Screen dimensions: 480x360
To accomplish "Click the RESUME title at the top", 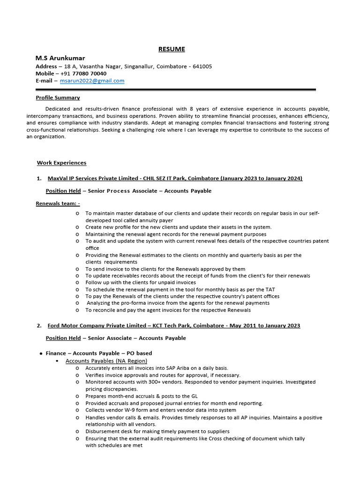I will tap(171, 49).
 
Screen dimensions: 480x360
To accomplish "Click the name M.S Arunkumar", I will tap(60, 58).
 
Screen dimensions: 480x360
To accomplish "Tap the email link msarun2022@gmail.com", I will tap(92, 81).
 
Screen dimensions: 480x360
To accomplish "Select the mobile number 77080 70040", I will tap(89, 74).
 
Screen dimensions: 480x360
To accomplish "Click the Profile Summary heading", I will tap(58, 97).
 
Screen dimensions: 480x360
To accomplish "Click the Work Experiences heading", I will tap(61, 163).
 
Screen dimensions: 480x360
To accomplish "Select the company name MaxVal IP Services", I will tap(76, 178).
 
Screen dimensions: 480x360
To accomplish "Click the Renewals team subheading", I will tap(58, 203).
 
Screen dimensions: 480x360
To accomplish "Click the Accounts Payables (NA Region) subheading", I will tap(106, 360).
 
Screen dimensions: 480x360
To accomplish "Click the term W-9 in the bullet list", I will tap(130, 410).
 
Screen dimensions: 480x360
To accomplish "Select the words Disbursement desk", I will tap(109, 431).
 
